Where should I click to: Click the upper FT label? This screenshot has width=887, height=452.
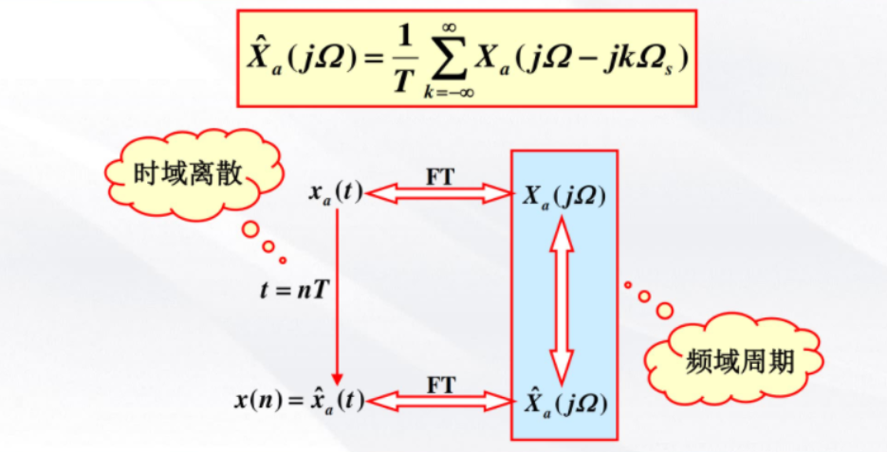(x=439, y=177)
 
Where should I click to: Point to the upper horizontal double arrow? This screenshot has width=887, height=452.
(x=439, y=194)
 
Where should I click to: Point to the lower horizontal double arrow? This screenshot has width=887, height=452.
(x=439, y=401)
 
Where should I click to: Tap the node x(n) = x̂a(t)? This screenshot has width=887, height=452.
(x=300, y=401)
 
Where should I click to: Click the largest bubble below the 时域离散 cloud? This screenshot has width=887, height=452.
(x=249, y=229)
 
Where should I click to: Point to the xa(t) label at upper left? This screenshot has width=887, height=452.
(x=335, y=193)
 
